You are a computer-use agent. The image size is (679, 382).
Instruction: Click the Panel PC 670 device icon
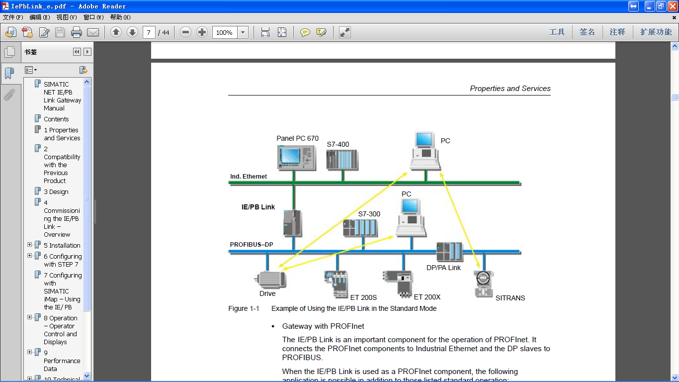point(297,158)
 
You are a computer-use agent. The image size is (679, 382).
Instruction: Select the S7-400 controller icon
point(342,160)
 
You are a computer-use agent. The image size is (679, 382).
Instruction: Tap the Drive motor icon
point(271,279)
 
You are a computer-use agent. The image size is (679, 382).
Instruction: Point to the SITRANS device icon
point(483,284)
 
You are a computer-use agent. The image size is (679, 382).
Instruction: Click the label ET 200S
point(363,297)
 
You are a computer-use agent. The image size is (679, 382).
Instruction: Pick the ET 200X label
point(427,297)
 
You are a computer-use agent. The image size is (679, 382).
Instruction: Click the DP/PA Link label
point(443,268)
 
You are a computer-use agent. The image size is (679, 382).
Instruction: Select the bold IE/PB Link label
point(258,207)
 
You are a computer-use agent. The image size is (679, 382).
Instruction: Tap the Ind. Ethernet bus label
point(249,177)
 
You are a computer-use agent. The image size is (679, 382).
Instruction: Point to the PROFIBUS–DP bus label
point(252,245)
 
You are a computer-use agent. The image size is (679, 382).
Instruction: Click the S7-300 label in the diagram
point(369,214)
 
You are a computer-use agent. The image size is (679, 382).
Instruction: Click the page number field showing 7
point(149,32)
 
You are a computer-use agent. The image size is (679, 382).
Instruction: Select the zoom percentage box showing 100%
point(224,32)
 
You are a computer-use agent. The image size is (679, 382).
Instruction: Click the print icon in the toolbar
point(76,32)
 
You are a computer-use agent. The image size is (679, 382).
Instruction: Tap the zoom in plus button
point(202,32)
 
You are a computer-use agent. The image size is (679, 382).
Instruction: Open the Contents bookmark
point(56,119)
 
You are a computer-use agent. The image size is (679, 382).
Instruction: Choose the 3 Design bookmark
point(56,191)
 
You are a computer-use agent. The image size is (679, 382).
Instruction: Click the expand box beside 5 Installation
point(30,245)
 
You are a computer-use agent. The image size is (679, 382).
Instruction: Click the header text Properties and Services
point(510,89)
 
